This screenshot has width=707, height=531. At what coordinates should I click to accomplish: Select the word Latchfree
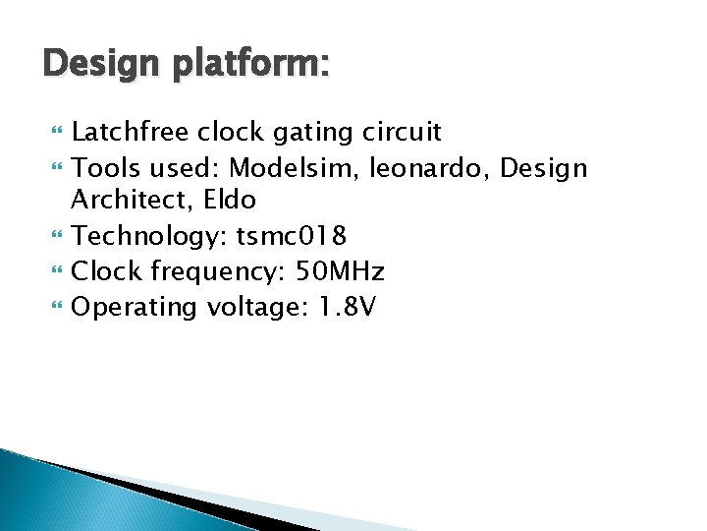(132, 131)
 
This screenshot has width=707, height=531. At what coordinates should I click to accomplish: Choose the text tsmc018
(292, 236)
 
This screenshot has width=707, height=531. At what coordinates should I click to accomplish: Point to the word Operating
(136, 308)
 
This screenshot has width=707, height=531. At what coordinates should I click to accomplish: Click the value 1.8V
(347, 307)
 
